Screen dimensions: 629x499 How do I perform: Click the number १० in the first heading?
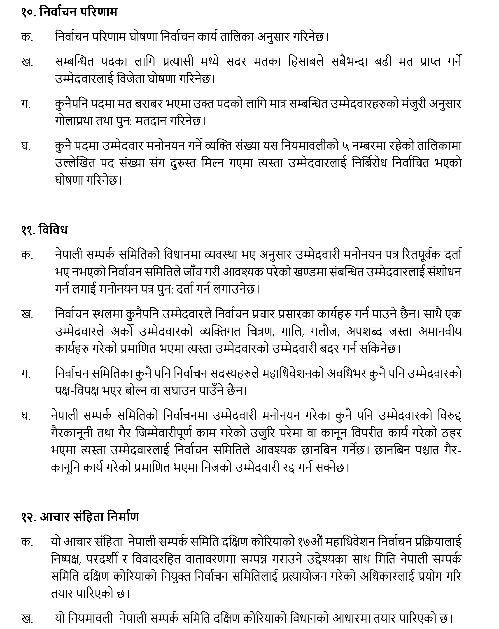[x=28, y=13]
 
